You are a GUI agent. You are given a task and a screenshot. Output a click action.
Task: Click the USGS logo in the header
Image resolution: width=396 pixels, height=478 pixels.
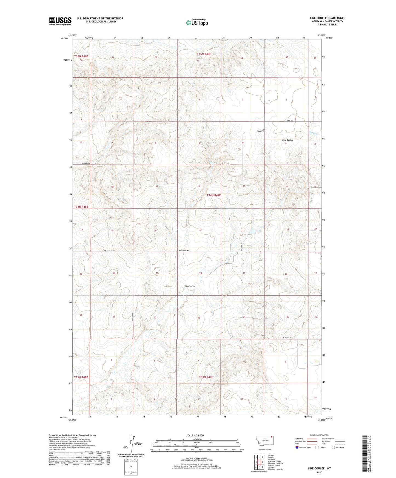coord(60,21)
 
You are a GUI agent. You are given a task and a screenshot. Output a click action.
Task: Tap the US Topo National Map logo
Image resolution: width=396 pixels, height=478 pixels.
coord(196,22)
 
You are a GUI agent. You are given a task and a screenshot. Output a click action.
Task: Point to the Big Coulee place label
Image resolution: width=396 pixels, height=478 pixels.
coord(190,286)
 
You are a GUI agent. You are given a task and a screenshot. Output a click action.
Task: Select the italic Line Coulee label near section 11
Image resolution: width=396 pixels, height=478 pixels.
coord(287,140)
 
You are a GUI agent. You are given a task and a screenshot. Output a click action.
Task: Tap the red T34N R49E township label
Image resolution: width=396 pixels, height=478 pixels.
coord(213,195)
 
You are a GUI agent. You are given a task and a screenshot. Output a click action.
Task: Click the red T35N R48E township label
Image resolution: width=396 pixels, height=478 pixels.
coord(81,56)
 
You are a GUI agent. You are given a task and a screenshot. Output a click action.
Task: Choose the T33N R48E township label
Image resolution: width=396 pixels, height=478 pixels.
coord(81,377)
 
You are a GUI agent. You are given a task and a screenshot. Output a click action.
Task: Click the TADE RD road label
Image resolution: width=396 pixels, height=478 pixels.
coord(290,120)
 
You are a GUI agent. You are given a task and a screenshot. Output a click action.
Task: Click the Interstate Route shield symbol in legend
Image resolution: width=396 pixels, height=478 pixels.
coord(297,447)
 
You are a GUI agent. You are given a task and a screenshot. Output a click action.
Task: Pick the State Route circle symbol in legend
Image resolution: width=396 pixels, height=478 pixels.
coord(333,447)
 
